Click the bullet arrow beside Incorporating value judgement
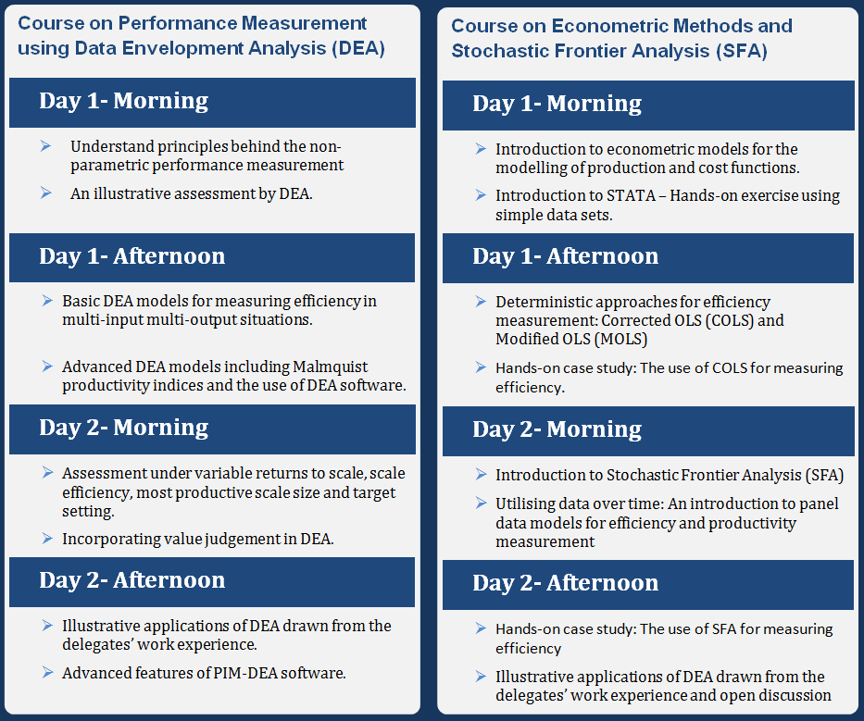tap(47, 538)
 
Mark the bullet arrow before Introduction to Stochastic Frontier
tap(481, 475)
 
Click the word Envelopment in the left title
tap(184, 48)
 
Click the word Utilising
tap(526, 503)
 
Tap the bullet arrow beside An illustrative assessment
tap(47, 193)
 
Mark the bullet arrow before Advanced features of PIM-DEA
tap(47, 673)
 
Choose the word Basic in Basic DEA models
tap(81, 302)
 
